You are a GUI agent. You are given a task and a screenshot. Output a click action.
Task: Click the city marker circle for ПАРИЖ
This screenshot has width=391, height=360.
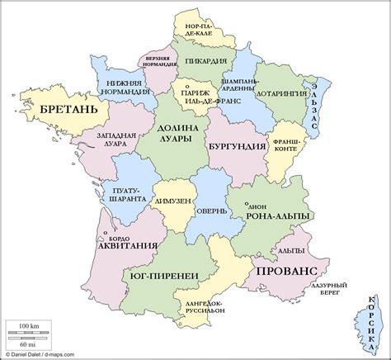187,86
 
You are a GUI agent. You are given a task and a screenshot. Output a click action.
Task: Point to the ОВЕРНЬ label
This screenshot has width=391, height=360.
212,211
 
